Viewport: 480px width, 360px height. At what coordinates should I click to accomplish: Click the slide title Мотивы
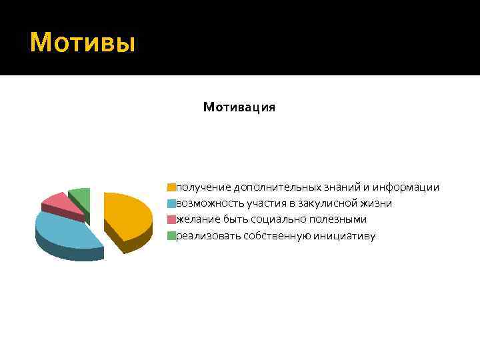83,43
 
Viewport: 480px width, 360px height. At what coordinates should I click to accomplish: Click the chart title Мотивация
239,107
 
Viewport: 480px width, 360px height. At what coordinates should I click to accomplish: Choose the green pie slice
81,194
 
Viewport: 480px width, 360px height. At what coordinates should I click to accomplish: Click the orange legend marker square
171,187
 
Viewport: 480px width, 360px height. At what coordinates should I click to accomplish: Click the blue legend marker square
171,203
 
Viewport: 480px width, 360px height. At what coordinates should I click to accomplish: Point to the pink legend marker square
171,219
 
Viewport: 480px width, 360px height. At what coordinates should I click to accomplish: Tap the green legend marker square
171,235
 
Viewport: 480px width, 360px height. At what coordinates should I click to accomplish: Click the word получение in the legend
203,187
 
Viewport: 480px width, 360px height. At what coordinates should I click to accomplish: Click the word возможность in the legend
209,203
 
